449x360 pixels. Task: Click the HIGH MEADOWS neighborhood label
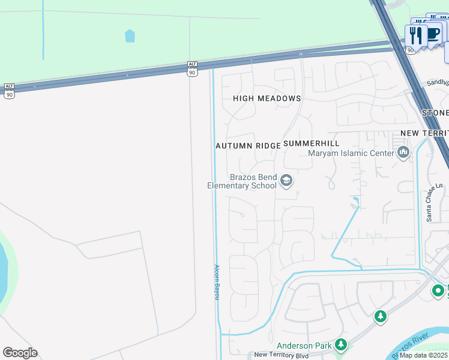click(267, 98)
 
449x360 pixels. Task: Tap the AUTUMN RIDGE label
click(248, 146)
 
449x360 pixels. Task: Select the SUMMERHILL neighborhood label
click(311, 143)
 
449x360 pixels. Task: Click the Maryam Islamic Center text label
click(351, 153)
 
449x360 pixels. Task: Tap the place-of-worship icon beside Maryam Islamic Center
click(403, 152)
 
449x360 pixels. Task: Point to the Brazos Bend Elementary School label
click(242, 181)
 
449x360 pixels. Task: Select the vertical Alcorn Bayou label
click(217, 283)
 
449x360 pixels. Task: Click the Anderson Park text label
click(304, 346)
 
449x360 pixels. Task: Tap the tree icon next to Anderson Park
click(341, 344)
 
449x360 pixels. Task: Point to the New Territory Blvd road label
click(281, 355)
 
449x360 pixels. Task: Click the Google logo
click(20, 353)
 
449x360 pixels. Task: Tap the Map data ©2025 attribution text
click(424, 355)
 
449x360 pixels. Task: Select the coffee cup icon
click(433, 32)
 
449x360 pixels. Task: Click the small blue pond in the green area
click(130, 36)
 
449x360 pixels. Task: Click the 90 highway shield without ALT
click(411, 50)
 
